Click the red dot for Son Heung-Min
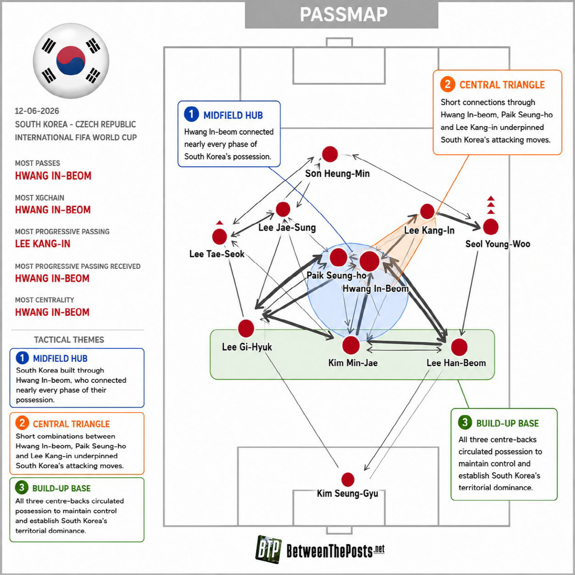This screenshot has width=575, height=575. click(330, 154)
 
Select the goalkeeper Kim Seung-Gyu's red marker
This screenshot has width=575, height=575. click(347, 480)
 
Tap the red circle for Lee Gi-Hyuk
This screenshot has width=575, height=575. click(246, 328)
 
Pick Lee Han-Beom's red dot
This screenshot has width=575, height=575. click(459, 347)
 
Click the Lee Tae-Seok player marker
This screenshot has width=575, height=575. click(219, 237)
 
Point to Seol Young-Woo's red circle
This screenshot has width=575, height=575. click(491, 227)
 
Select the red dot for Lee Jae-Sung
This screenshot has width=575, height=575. click(283, 209)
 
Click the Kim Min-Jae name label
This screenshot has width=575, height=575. click(353, 363)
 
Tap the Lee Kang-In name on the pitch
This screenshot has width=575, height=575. click(429, 230)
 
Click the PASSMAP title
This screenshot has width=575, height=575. click(344, 14)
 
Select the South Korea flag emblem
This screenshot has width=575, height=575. click(71, 61)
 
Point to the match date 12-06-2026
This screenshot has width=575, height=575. click(37, 111)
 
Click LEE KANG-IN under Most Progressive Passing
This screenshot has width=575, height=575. click(43, 244)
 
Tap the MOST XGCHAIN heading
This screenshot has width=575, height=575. click(39, 198)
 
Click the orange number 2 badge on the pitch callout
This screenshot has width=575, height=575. click(447, 84)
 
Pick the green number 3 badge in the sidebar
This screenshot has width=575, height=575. click(22, 488)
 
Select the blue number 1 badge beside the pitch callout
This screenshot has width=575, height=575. click(191, 115)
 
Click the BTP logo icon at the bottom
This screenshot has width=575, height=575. click(268, 549)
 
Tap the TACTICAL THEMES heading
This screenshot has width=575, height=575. click(69, 340)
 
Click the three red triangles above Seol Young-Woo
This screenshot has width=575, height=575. click(491, 205)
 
